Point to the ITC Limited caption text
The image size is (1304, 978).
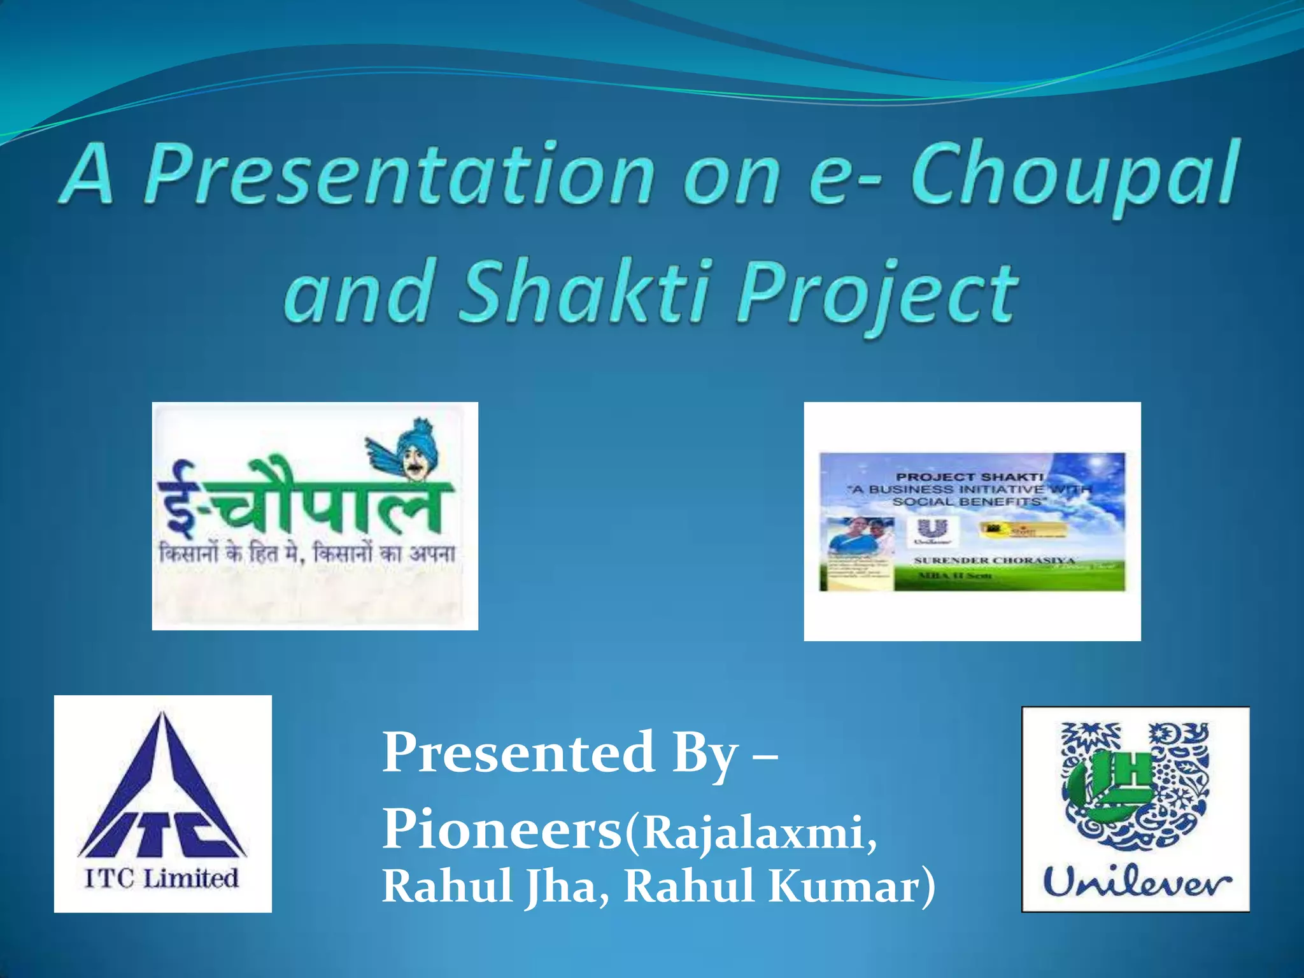[162, 879]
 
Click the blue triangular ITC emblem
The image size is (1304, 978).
[162, 790]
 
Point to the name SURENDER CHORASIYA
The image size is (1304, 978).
[993, 560]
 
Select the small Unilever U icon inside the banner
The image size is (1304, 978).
[932, 530]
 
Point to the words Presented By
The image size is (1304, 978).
[560, 753]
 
